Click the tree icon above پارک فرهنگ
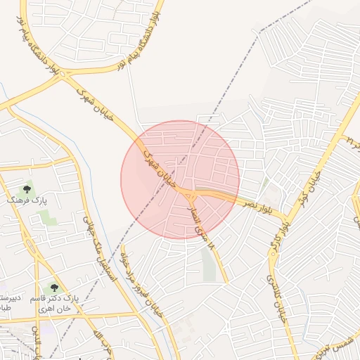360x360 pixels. [x=27, y=188]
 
